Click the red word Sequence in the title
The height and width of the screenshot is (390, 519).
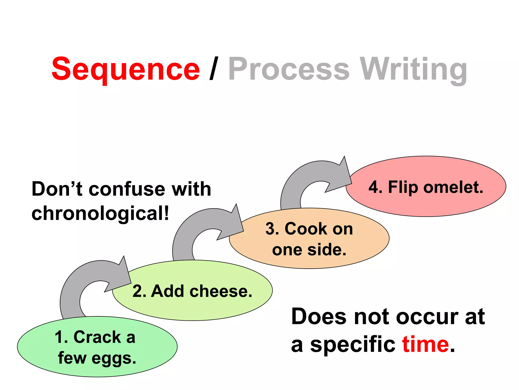point(126,69)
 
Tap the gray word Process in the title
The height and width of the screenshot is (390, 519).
point(289,69)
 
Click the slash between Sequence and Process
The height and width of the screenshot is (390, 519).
point(214,69)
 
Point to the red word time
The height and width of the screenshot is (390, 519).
point(425,345)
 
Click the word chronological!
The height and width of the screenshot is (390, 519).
point(100,213)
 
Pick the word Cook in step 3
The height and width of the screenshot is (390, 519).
point(306,229)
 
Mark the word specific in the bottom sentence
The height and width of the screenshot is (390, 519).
point(353,345)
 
